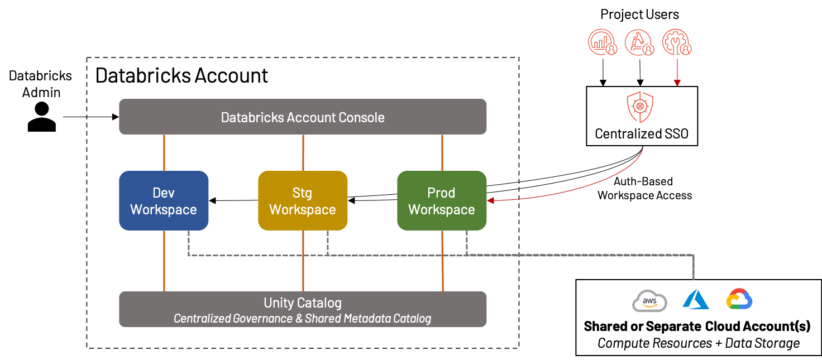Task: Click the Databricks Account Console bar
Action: [303, 117]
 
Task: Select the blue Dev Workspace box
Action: [164, 201]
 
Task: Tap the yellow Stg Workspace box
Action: [303, 201]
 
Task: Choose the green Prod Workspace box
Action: [442, 201]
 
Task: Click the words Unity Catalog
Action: [303, 303]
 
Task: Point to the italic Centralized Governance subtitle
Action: [303, 319]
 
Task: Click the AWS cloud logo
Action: [649, 301]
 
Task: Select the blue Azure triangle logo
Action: [695, 300]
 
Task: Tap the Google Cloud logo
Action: [739, 299]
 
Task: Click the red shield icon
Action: [640, 107]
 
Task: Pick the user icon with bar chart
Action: [602, 43]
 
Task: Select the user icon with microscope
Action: [639, 43]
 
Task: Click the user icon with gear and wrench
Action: [676, 43]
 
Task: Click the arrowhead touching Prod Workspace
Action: [490, 200]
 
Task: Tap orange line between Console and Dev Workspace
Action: [164, 152]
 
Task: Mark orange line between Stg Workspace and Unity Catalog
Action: [303, 261]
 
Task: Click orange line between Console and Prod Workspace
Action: [442, 152]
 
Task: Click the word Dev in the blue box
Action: [164, 193]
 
